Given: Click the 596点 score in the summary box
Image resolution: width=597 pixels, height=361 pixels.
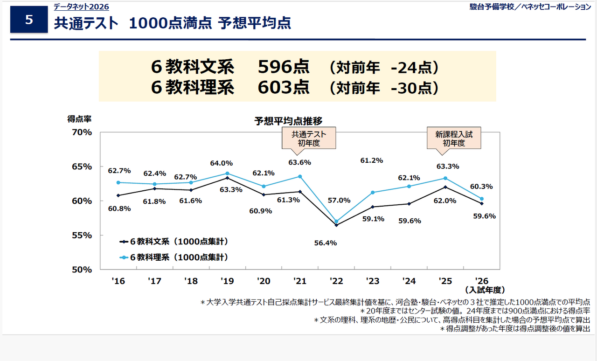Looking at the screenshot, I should pyautogui.click(x=283, y=67).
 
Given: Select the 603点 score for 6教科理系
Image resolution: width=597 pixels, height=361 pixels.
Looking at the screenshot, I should pyautogui.click(x=283, y=87).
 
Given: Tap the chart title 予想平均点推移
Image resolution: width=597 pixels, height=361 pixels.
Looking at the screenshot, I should pyautogui.click(x=288, y=121).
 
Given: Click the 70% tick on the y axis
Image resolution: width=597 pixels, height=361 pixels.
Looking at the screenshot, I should pyautogui.click(x=82, y=132).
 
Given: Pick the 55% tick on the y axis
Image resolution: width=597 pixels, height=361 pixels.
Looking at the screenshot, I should pyautogui.click(x=82, y=235).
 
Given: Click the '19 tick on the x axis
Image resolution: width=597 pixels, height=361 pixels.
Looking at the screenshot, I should pyautogui.click(x=227, y=281).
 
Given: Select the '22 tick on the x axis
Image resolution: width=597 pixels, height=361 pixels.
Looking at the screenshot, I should pyautogui.click(x=336, y=281).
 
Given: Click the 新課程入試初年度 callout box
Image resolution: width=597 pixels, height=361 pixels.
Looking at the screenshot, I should pyautogui.click(x=454, y=139).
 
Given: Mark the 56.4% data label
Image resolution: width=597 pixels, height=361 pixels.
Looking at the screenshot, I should pyautogui.click(x=326, y=243).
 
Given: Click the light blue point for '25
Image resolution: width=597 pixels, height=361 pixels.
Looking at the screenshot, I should pyautogui.click(x=445, y=178).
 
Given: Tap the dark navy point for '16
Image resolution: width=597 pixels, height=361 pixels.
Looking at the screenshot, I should pyautogui.click(x=118, y=195).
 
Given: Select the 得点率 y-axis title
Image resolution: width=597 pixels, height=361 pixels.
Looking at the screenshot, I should pyautogui.click(x=79, y=119).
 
